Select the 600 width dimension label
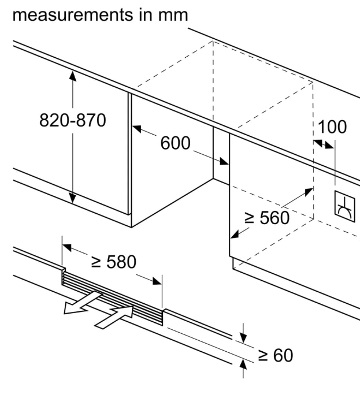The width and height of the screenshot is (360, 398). [x=175, y=143]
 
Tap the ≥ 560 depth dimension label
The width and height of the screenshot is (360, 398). [x=266, y=218]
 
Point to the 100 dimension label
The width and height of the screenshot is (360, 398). [x=332, y=127]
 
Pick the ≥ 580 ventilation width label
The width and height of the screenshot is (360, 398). [x=114, y=262]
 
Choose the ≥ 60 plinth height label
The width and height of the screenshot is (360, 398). [x=275, y=355]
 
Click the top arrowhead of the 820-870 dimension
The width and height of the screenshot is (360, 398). [x=73, y=75]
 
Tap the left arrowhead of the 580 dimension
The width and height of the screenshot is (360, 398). [x=66, y=247]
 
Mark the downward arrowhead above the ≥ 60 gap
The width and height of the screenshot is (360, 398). [x=243, y=337]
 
